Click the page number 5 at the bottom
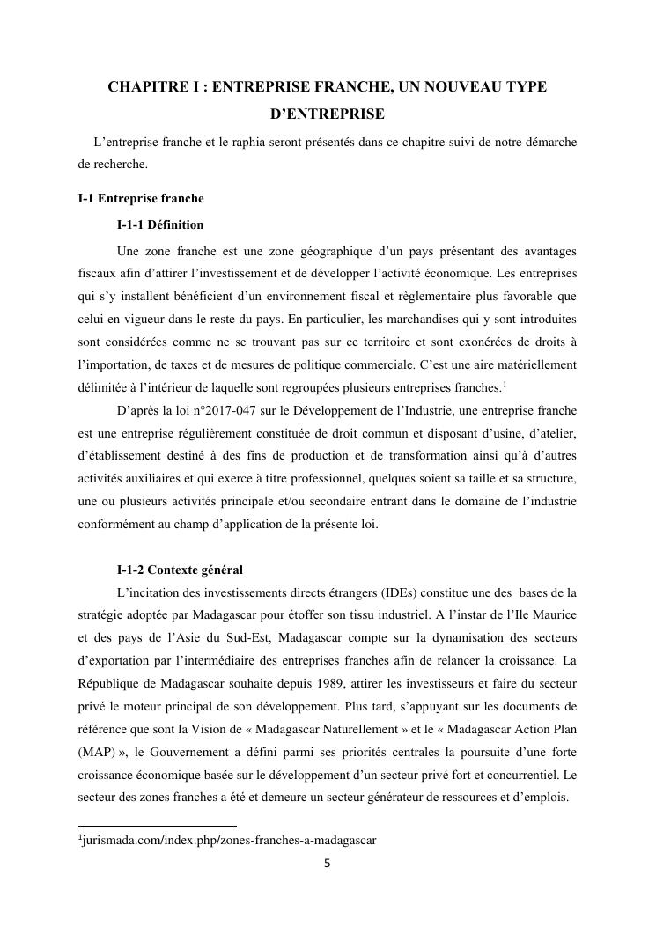coord(328,864)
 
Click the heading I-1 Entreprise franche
coord(141,199)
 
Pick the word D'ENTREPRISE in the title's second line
coord(327,114)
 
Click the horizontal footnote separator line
coord(158,825)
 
